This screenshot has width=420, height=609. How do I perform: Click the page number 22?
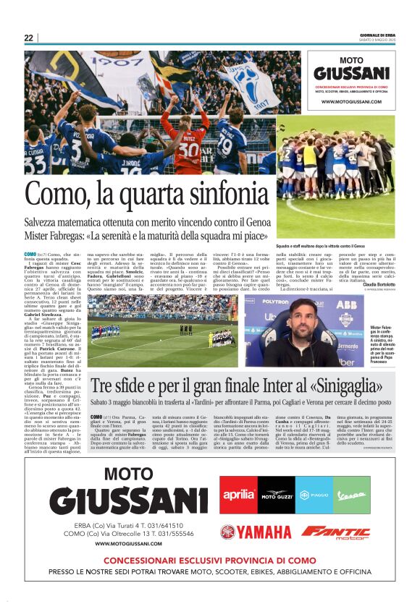pyautogui.click(x=29, y=38)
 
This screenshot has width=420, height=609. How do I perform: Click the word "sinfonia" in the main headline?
pyautogui.click(x=222, y=194)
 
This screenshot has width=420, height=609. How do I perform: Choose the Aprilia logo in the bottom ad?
pyautogui.click(x=238, y=495)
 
